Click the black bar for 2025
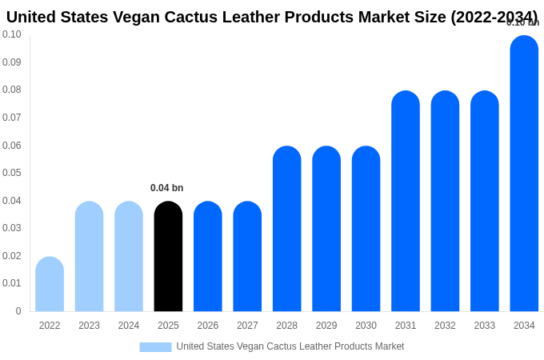168,256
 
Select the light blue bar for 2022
50,284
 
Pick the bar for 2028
286,229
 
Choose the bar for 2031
406,201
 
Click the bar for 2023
89,256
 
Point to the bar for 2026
208,256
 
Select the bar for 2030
366,229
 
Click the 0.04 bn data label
166,188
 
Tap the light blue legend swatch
155,346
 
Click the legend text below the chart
290,346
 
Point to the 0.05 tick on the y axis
12,173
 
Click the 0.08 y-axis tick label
12,90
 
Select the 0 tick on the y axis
18,311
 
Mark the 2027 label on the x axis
247,326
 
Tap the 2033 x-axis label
485,326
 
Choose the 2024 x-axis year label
129,326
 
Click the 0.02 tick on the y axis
12,256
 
